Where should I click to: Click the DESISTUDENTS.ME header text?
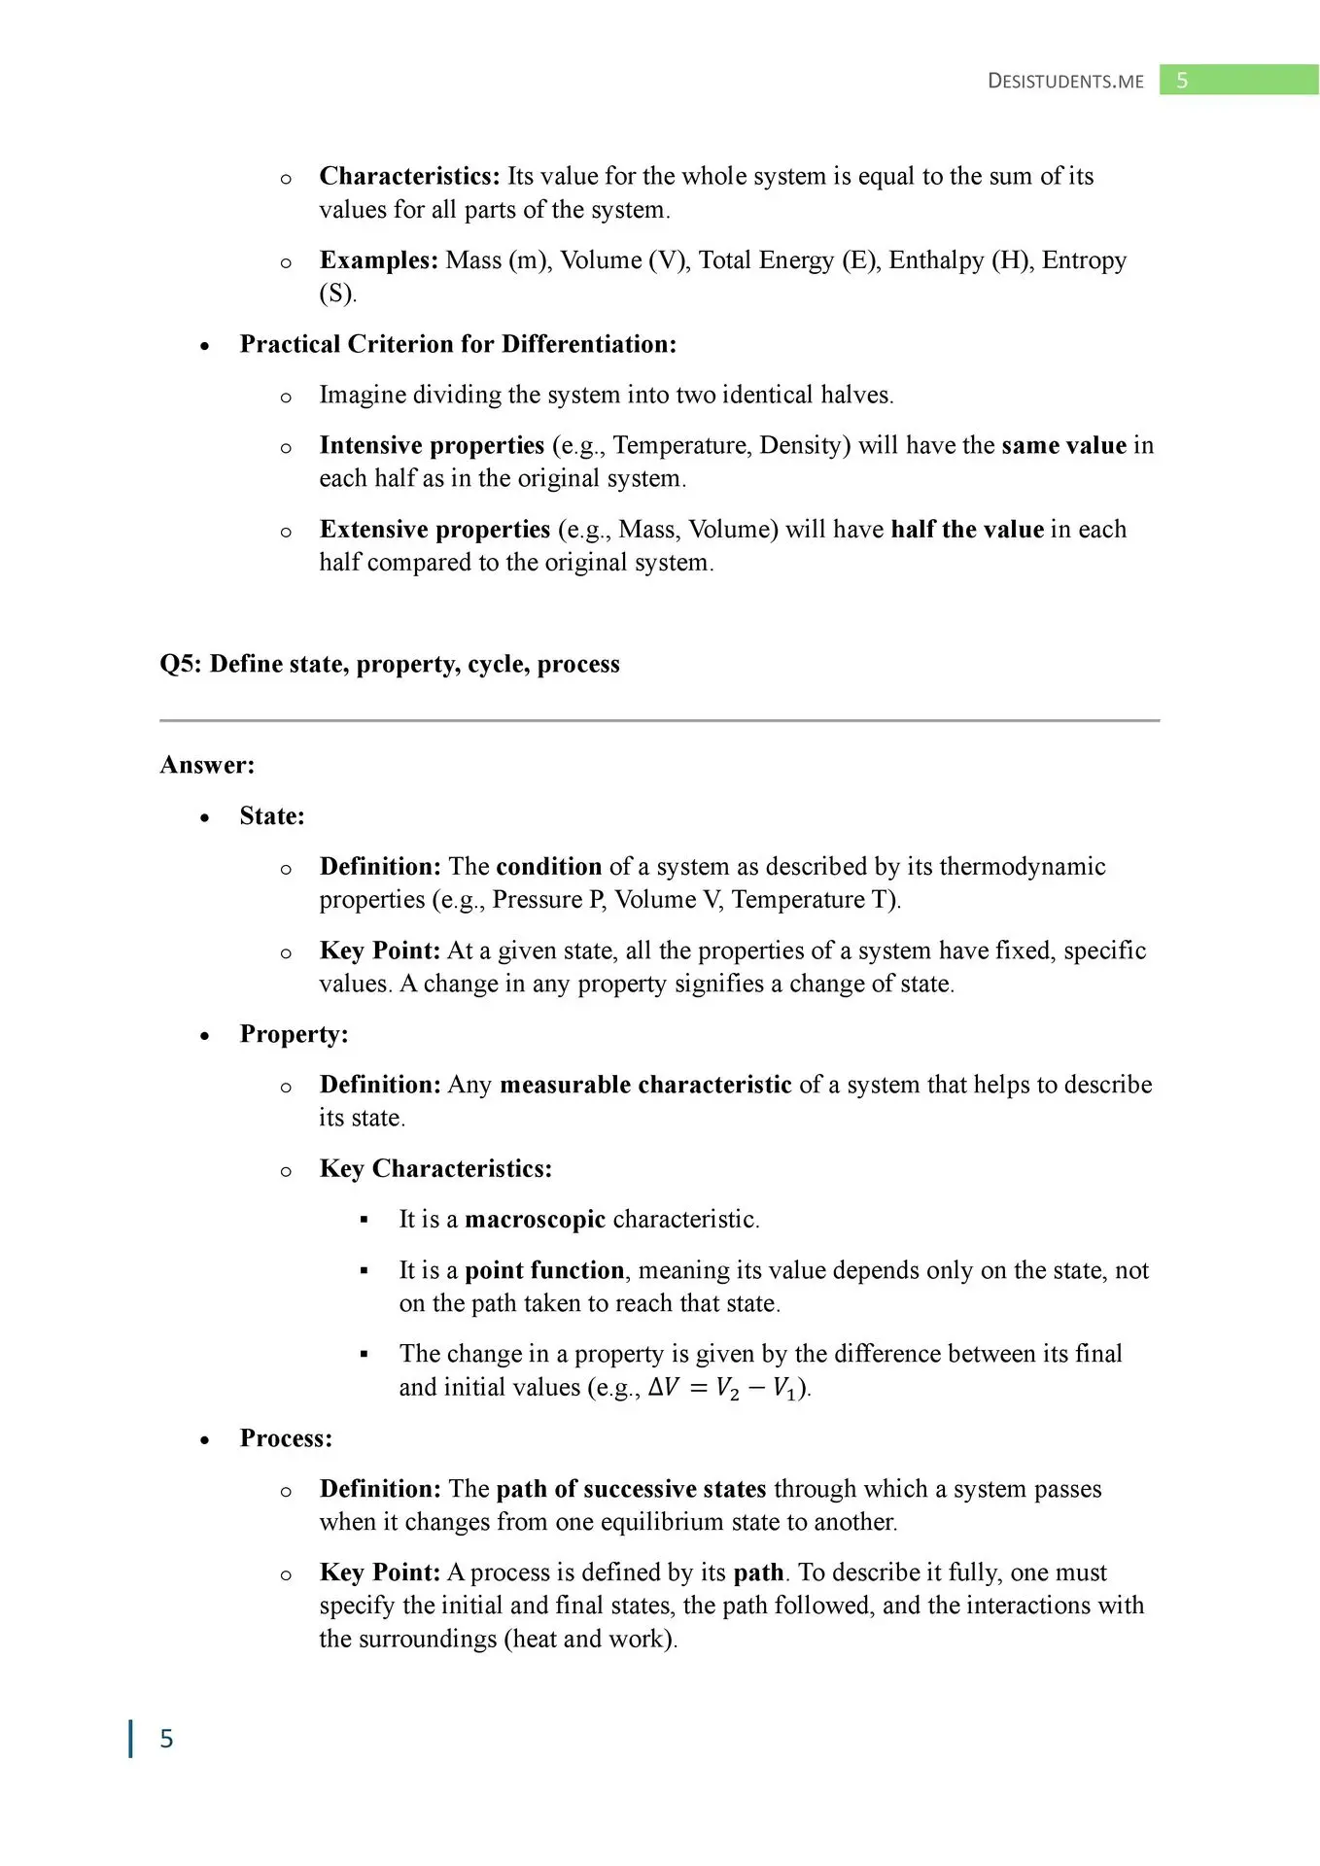(x=1065, y=81)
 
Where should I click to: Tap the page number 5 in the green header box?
(x=1182, y=81)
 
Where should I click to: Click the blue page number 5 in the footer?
(x=166, y=1739)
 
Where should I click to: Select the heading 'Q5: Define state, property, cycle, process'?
(x=390, y=664)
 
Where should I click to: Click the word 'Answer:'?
(x=207, y=765)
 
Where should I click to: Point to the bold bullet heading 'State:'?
(x=272, y=815)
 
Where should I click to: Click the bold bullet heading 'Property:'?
(x=294, y=1033)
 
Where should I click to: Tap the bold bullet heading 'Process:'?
(x=286, y=1437)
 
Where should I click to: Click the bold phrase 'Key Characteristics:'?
(x=435, y=1168)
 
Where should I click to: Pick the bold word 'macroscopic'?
(x=535, y=1219)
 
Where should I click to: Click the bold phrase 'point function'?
(x=544, y=1270)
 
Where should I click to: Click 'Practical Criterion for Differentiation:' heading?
(x=458, y=344)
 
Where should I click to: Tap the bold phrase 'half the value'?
(x=967, y=529)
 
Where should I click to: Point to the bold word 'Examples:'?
(x=379, y=260)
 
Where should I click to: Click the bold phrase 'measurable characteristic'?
(x=645, y=1084)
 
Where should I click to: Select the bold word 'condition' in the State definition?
(x=548, y=866)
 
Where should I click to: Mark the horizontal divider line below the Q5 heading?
(x=659, y=720)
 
